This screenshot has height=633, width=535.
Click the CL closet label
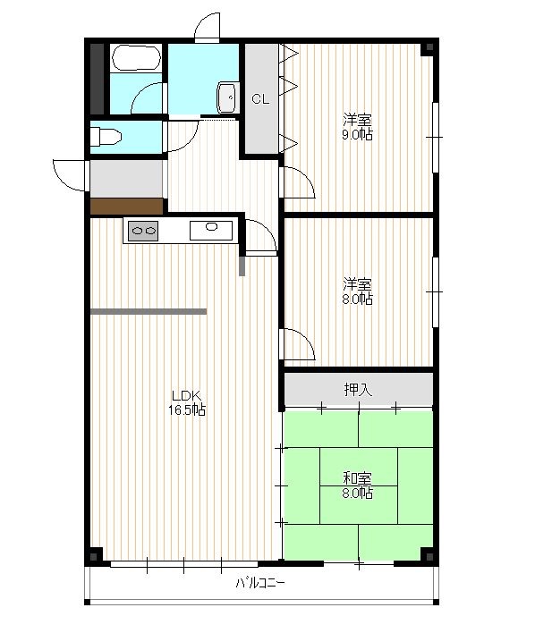(x=260, y=99)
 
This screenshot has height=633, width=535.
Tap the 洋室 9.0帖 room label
(x=357, y=127)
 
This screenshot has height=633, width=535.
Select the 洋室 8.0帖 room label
(x=357, y=291)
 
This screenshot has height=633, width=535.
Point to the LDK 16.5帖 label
(x=187, y=403)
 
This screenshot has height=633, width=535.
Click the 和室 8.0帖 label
(x=357, y=485)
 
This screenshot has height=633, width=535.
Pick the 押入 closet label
(x=358, y=389)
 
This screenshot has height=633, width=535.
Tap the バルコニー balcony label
(x=260, y=583)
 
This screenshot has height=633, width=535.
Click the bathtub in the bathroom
(x=136, y=58)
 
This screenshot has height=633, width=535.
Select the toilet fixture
(x=106, y=137)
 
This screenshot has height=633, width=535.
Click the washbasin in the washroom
(x=226, y=97)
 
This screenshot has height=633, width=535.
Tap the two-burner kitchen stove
(x=143, y=231)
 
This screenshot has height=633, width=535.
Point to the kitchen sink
(x=211, y=231)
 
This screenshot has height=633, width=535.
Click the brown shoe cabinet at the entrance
(x=126, y=207)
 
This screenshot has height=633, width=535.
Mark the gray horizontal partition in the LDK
(x=149, y=312)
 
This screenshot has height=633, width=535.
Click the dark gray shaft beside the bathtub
(x=97, y=79)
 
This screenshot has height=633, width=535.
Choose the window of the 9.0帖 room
(x=436, y=138)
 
